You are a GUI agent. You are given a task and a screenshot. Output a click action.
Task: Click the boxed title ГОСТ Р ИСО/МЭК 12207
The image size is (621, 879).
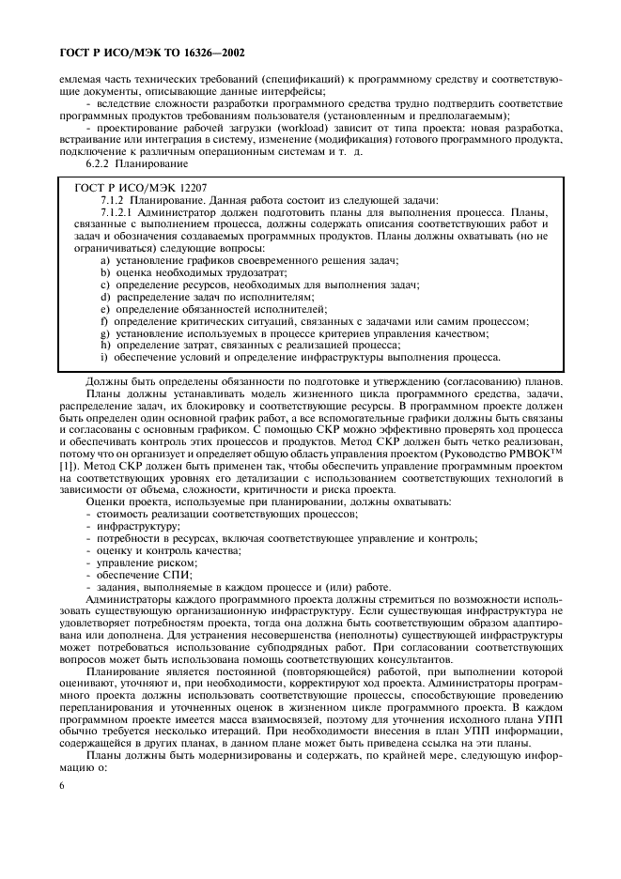[137, 189]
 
